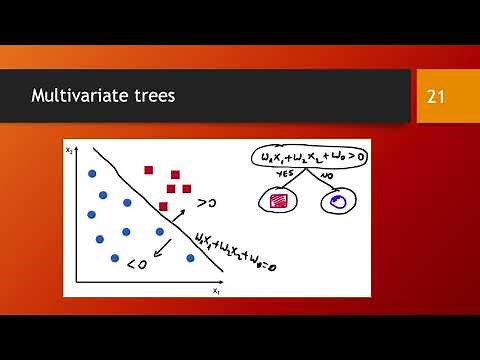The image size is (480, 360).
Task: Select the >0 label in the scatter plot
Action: pos(207,203)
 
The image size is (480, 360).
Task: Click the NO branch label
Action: pos(326,175)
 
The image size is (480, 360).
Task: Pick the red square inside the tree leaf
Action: pos(279,202)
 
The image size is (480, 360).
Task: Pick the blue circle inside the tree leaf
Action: pos(337,202)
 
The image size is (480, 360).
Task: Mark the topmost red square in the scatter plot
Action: pos(150,170)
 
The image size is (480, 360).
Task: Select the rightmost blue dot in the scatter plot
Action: pos(191,257)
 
